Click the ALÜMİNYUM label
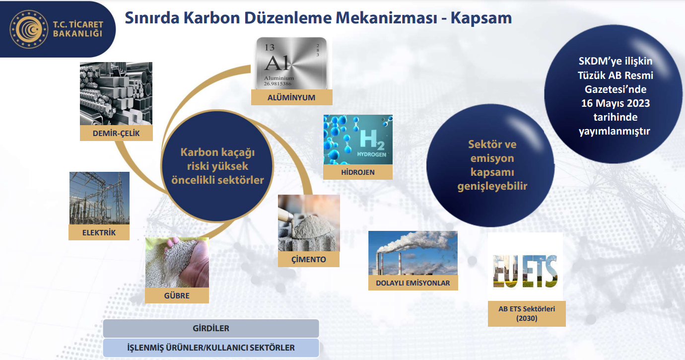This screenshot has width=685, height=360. [291, 97]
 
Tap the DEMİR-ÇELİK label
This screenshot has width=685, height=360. [116, 134]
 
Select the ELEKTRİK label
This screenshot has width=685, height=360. [99, 232]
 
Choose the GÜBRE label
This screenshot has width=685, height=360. [177, 295]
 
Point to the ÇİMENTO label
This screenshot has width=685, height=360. [309, 259]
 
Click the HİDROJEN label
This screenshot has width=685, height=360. [358, 172]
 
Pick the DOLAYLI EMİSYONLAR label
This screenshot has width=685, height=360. [413, 283]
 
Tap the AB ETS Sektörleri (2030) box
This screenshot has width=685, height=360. [527, 314]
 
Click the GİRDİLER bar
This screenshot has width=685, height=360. [211, 328]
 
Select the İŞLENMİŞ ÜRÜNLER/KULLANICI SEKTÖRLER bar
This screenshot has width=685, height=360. [211, 348]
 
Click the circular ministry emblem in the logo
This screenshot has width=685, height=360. [29, 29]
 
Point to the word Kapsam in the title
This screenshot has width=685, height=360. [481, 18]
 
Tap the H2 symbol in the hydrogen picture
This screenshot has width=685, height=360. [372, 140]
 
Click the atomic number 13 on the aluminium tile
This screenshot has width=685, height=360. [270, 47]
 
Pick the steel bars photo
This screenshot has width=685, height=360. [116, 93]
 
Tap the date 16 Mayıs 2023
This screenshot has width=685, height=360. [616, 103]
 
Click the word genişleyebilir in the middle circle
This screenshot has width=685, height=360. [492, 186]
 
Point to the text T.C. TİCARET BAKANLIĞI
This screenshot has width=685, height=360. [78, 29]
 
